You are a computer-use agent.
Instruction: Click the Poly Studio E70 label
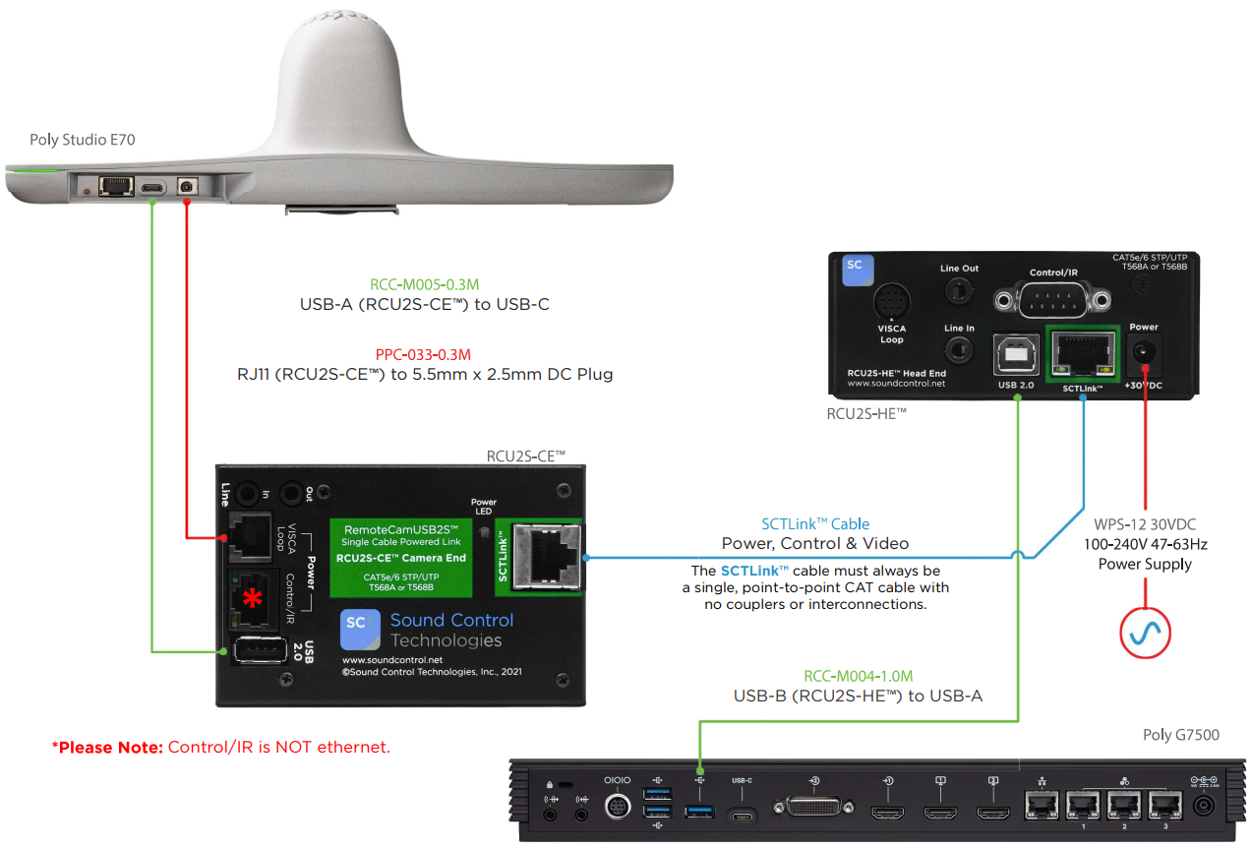click(x=83, y=141)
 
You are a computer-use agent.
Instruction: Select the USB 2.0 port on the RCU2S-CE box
click(x=257, y=652)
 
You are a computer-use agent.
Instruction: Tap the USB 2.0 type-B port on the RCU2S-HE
click(x=1013, y=354)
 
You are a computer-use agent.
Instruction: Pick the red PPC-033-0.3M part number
click(x=424, y=352)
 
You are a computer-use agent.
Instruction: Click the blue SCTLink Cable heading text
click(x=815, y=523)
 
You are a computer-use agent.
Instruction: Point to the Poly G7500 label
click(x=1180, y=734)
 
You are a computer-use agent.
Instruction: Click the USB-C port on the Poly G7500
click(x=742, y=814)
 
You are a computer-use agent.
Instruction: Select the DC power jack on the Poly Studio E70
click(x=185, y=186)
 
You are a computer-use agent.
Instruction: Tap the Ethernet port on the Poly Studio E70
click(x=117, y=186)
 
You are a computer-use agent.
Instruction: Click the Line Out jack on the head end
click(x=959, y=291)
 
